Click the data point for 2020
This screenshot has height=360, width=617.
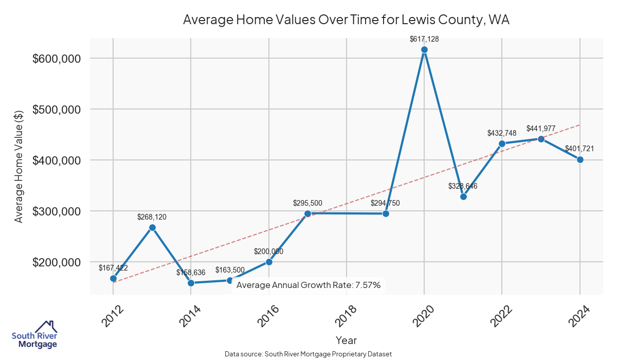pos(424,49)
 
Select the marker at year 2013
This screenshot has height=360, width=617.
pos(152,227)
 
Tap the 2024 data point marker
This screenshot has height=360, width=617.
pos(580,159)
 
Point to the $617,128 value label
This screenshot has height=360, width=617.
pos(424,39)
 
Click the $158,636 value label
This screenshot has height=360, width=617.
pos(191,272)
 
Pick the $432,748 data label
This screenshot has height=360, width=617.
pos(502,133)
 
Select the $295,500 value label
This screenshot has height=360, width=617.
pos(307,203)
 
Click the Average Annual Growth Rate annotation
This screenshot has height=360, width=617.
pos(308,285)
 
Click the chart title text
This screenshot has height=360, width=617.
pos(346,20)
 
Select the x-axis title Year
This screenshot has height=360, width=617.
pos(346,340)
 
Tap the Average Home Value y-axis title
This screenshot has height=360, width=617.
pos(19,166)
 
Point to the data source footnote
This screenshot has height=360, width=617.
pos(308,354)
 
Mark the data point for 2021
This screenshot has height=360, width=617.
pos(463,196)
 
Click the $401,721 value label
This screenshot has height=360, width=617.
pos(579,149)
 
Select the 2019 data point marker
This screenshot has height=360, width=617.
pos(386,213)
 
